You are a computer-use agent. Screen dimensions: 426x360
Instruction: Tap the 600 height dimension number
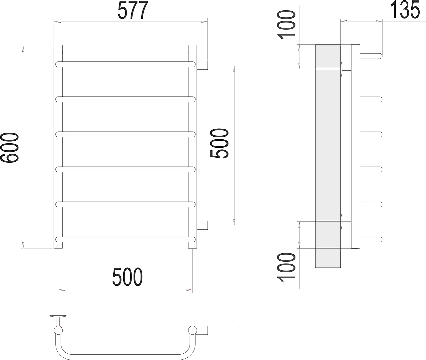pos(9,148)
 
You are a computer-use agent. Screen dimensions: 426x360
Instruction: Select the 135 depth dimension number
pos(405,10)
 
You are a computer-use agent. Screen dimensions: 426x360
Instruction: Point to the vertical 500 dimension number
pos(219,143)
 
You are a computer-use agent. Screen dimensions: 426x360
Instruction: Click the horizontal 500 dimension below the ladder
pos(127,277)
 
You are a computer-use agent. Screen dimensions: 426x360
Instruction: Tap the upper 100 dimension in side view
pos(286,25)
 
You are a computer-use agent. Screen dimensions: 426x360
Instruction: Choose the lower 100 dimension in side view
pos(286,267)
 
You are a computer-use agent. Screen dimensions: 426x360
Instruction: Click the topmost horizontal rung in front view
pos(125,64)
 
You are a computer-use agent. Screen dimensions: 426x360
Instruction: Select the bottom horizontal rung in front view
pos(125,240)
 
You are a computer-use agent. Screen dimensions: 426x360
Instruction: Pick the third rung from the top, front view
pos(125,134)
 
